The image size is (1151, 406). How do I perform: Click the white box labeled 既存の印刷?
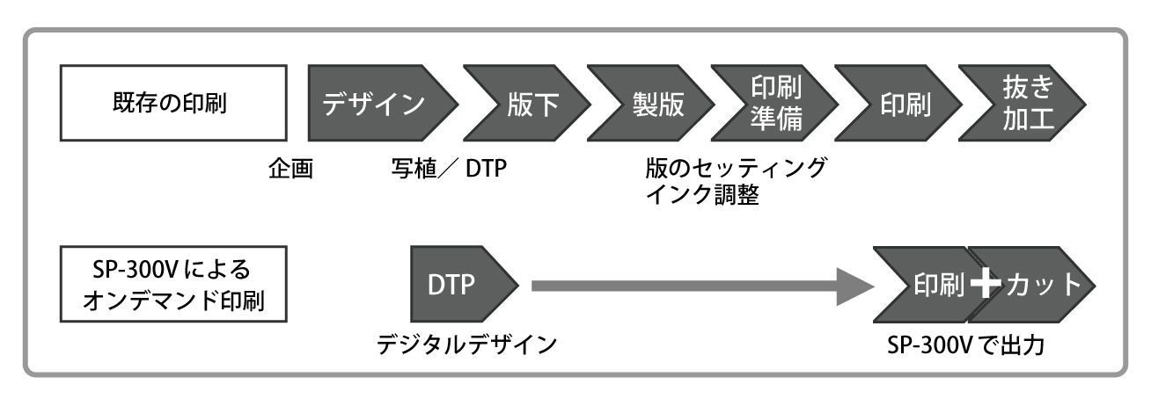click(x=165, y=104)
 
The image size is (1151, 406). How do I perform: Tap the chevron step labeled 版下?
click(x=525, y=104)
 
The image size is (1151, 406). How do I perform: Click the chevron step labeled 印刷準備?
click(x=774, y=104)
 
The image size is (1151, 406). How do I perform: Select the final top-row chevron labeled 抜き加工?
click(x=1025, y=104)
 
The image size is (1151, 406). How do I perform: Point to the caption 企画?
click(x=290, y=168)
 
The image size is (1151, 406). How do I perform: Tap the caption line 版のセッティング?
click(x=736, y=168)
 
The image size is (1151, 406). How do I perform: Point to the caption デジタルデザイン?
click(x=466, y=345)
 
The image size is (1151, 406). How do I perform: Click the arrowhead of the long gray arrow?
click(x=854, y=286)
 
